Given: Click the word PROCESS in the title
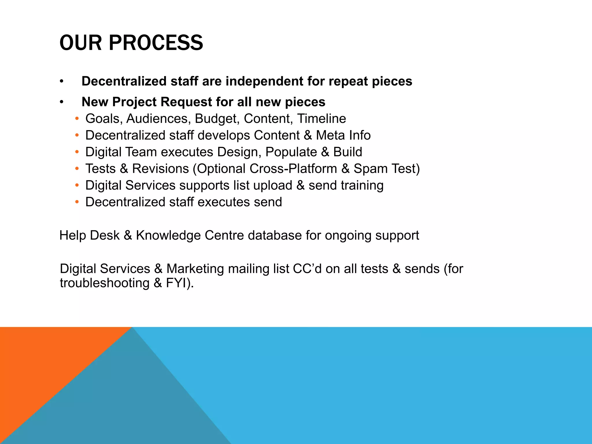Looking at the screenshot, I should (x=156, y=43).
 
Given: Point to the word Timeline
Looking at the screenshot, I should (x=321, y=119).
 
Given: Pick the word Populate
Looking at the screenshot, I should (x=291, y=152).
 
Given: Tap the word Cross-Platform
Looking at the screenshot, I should (x=293, y=169).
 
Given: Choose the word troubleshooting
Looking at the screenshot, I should (x=105, y=283).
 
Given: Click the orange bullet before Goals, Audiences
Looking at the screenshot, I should (x=77, y=119).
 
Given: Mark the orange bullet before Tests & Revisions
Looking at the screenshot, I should (x=77, y=169).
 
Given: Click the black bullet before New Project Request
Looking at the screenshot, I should (x=62, y=102).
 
